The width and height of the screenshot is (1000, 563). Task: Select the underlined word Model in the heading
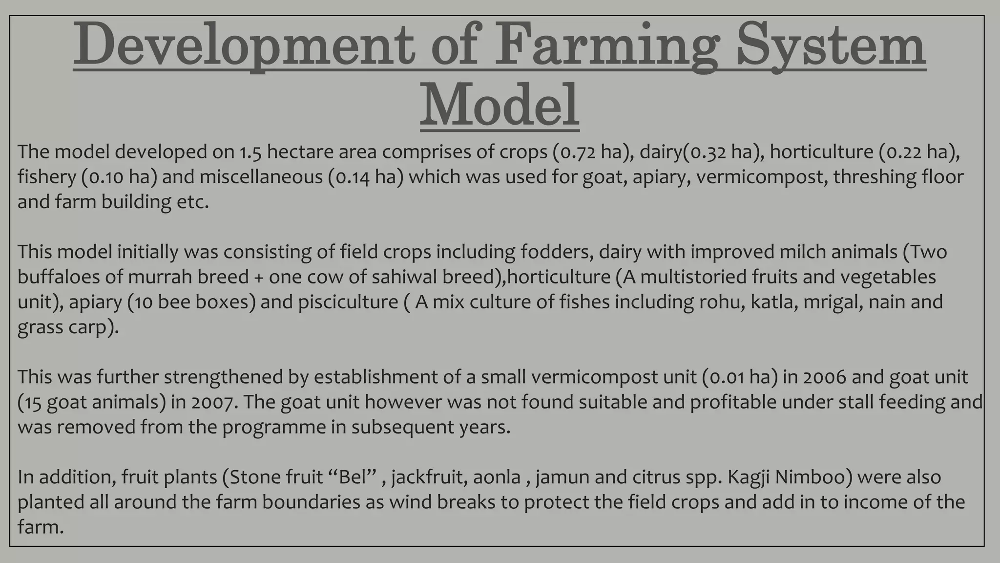(500, 106)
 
